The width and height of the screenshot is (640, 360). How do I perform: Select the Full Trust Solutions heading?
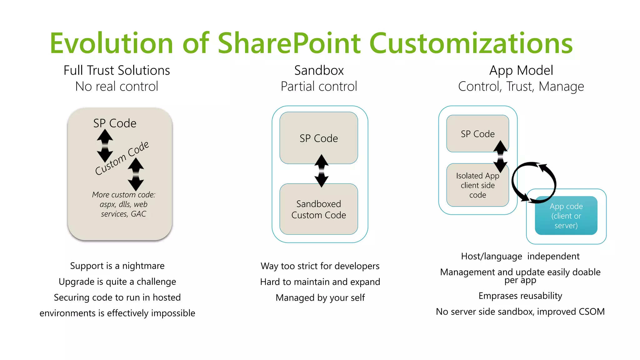click(117, 70)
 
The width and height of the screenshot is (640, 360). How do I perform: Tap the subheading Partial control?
click(319, 86)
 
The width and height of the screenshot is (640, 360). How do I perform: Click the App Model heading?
click(521, 70)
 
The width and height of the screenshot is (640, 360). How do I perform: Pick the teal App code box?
click(566, 216)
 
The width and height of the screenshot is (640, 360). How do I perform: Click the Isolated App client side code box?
click(477, 185)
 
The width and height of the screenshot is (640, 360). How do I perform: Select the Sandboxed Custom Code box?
click(318, 209)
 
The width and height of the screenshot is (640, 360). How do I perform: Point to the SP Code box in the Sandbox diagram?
click(318, 138)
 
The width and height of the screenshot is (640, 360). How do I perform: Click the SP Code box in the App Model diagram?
click(477, 134)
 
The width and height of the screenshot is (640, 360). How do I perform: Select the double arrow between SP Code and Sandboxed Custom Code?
click(321, 171)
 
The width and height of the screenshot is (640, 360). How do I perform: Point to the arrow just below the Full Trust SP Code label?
click(105, 145)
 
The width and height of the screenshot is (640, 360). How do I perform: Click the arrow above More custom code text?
click(136, 174)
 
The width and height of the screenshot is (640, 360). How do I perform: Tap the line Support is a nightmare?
click(117, 266)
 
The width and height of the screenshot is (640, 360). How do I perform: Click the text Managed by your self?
click(320, 297)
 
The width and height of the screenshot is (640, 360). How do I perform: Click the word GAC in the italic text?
click(138, 214)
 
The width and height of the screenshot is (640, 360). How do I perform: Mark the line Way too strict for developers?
click(320, 266)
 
